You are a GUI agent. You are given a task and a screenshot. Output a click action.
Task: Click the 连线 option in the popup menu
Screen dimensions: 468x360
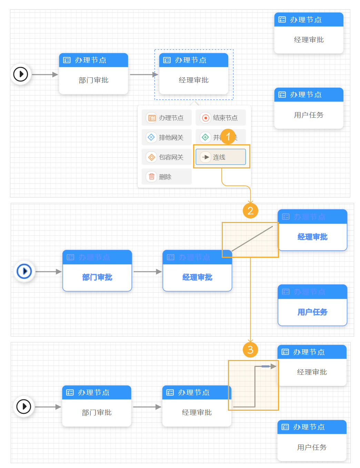click(x=221, y=157)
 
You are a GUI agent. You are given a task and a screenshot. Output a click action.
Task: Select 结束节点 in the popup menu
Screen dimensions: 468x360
click(x=221, y=118)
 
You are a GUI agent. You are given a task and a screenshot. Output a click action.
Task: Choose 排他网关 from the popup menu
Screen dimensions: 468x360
click(x=167, y=137)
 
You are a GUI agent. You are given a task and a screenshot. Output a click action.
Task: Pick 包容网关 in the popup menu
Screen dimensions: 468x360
click(x=167, y=157)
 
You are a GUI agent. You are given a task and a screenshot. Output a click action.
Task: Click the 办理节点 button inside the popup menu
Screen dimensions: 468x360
click(x=167, y=118)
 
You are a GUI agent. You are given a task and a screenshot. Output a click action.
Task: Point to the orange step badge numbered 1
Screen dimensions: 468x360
click(x=228, y=137)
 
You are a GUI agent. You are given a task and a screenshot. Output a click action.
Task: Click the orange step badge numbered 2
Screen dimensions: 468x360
click(x=250, y=211)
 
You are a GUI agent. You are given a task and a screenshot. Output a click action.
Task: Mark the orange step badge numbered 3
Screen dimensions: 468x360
click(x=250, y=350)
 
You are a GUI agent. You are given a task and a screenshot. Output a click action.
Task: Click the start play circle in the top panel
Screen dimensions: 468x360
click(x=21, y=74)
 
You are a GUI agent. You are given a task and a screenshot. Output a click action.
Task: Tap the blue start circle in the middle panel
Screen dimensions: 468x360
click(x=24, y=271)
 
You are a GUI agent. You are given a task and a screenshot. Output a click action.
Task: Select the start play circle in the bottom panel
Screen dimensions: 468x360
click(x=24, y=407)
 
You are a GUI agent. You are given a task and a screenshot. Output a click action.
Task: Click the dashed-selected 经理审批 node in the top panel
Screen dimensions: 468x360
click(x=193, y=80)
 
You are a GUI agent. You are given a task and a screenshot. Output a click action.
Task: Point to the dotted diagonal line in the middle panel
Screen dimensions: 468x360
click(x=252, y=239)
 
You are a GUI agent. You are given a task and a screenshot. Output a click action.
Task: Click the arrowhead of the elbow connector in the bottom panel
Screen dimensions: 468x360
click(x=273, y=366)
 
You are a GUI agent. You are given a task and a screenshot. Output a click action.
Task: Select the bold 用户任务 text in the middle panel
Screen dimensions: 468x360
click(x=312, y=312)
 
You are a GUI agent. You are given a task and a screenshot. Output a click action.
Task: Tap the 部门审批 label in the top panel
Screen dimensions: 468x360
click(x=93, y=80)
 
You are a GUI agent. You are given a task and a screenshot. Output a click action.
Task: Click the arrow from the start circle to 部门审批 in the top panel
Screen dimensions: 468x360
click(x=45, y=74)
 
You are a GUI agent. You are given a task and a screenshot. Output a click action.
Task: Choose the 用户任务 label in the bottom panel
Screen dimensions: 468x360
click(x=312, y=447)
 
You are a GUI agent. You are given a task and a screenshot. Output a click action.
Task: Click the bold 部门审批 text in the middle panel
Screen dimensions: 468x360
click(x=97, y=277)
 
